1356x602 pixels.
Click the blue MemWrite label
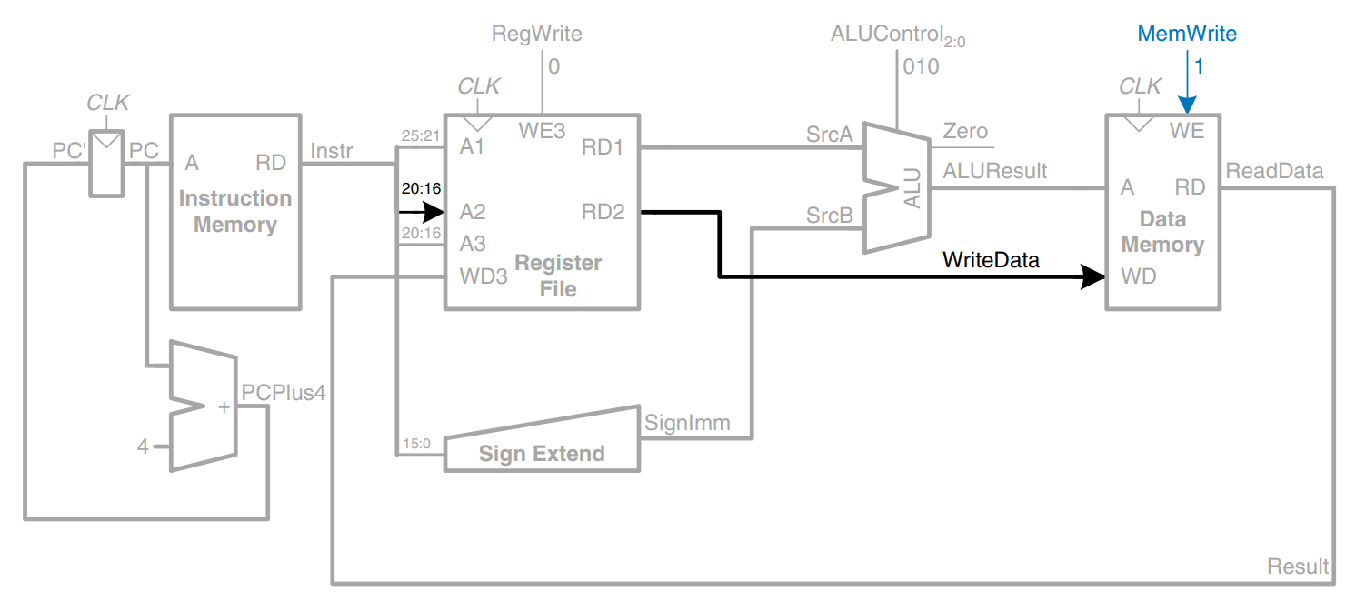coord(1187,35)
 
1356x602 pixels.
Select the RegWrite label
coord(536,35)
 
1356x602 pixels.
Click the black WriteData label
coord(991,260)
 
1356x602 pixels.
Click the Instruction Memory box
coord(235,211)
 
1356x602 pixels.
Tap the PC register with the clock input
coord(106,164)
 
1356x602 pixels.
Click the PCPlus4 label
coord(283,392)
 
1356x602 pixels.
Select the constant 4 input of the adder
coord(143,446)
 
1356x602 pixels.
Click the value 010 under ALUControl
coord(921,66)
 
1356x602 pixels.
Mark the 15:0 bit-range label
coord(417,445)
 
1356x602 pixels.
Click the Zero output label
coord(965,132)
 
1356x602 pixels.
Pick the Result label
coord(1298,567)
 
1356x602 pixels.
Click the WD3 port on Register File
coord(484,276)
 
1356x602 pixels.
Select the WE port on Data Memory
coord(1187,132)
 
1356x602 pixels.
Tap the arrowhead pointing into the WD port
coord(1093,276)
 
